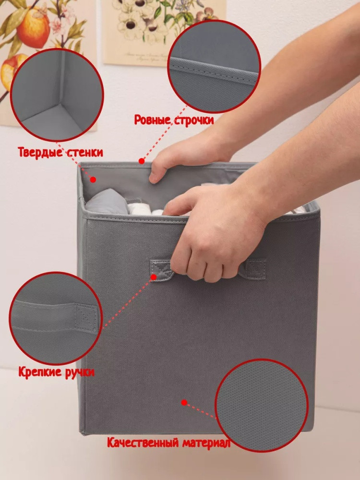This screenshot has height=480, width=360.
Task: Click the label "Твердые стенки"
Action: tap(60, 152)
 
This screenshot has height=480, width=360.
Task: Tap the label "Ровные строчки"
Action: tap(174, 120)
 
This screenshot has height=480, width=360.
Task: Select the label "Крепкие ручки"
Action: tap(56, 372)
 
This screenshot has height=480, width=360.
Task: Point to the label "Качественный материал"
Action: tap(168, 443)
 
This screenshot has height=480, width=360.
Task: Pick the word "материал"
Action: tap(206, 443)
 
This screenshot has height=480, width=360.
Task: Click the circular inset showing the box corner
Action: tap(57, 95)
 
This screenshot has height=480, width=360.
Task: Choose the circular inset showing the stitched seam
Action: tap(214, 67)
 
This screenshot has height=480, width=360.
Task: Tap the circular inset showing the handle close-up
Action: tap(56, 318)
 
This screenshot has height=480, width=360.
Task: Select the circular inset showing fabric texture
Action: tap(262, 406)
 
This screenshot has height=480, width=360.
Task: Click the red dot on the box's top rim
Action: tap(142, 161)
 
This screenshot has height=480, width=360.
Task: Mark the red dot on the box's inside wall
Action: tap(93, 180)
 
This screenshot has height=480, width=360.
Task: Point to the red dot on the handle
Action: tap(154, 277)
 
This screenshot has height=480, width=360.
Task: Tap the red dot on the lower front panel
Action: tap(184, 402)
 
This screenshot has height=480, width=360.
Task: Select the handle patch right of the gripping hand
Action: tap(253, 269)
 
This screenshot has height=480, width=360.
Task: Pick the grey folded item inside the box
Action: tap(107, 202)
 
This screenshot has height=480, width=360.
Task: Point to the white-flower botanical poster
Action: tap(164, 33)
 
